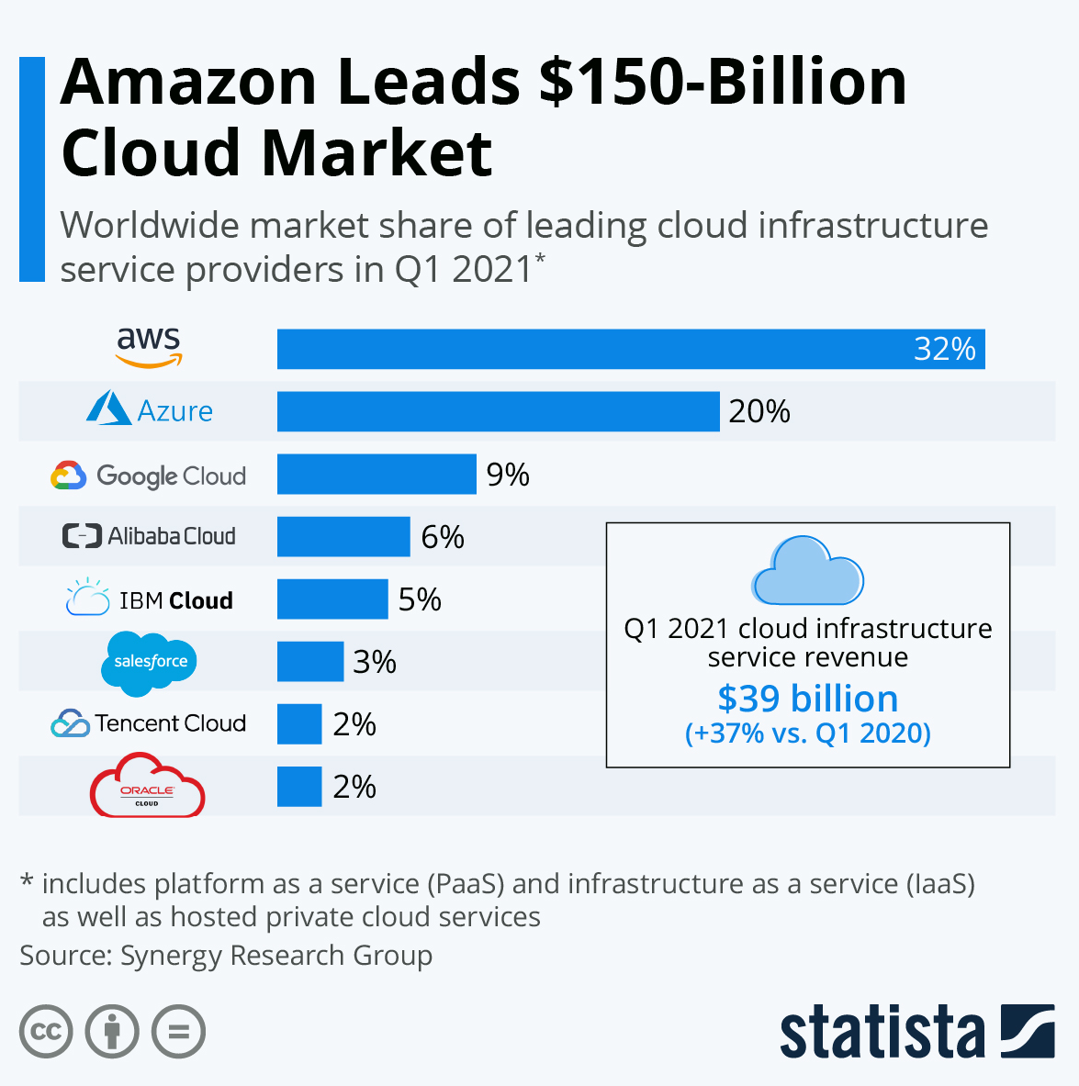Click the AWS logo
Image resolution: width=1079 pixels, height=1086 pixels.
(149, 347)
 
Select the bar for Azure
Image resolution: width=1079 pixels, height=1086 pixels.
(498, 411)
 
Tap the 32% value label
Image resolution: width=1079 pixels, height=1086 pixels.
(944, 350)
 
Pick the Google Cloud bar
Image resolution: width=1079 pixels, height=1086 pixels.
(377, 474)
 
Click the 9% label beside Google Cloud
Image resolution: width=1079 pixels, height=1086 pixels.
(508, 475)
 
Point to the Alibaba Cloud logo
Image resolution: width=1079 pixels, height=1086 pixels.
(149, 536)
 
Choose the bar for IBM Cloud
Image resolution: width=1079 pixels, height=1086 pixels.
(332, 599)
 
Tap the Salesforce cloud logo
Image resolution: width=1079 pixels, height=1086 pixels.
(150, 662)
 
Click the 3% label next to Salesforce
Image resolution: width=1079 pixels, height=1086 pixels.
(375, 662)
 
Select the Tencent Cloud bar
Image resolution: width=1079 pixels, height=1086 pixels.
(299, 723)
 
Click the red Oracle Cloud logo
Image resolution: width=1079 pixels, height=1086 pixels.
(147, 787)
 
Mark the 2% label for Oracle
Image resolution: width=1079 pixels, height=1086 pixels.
(354, 787)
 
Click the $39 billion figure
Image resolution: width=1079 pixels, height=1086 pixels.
(807, 699)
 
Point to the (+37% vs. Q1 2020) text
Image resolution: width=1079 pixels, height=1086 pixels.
(807, 733)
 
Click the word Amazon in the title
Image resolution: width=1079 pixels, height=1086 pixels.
(188, 83)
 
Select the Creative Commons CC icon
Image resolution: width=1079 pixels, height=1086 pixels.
(46, 1032)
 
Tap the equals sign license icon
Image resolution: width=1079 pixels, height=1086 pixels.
(179, 1032)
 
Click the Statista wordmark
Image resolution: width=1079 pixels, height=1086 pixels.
(882, 1034)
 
